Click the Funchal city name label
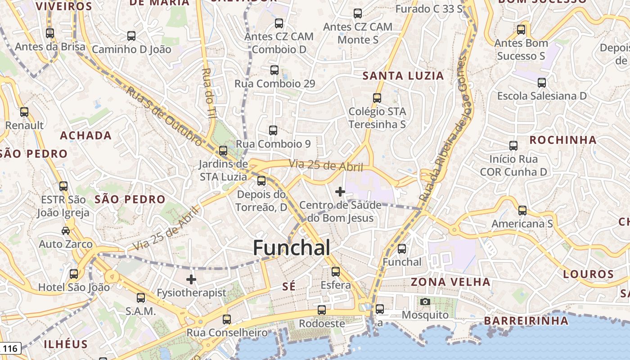click(292, 248)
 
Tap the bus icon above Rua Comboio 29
click(274, 70)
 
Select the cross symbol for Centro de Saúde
click(340, 192)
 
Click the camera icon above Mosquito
click(425, 301)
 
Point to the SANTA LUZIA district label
click(403, 76)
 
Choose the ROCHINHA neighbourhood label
click(563, 140)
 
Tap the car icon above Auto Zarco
click(66, 231)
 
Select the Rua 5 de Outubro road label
click(164, 116)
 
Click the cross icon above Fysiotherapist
click(191, 279)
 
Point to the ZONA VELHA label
click(450, 282)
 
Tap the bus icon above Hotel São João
click(74, 274)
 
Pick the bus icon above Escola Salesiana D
click(542, 83)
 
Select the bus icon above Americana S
click(522, 210)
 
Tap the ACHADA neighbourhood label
click(86, 135)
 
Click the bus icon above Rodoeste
click(322, 310)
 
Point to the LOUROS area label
click(588, 274)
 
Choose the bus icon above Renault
click(24, 112)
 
